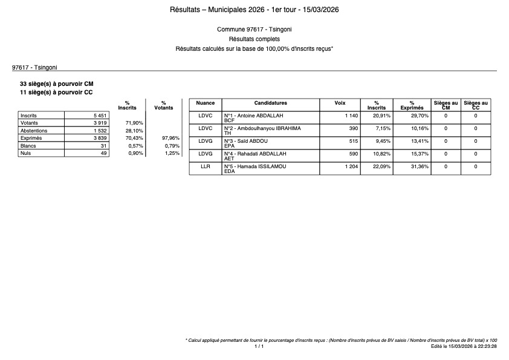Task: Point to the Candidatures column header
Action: (x=270, y=103)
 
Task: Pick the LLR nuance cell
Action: (x=206, y=166)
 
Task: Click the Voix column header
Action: (x=340, y=103)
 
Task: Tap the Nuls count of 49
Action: (x=103, y=154)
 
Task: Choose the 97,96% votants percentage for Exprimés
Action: (x=171, y=139)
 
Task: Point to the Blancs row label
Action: (x=28, y=146)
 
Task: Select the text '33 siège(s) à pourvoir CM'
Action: (x=57, y=83)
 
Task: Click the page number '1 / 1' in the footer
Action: (x=259, y=347)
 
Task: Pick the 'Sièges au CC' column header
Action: (x=476, y=105)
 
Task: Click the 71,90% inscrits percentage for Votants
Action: (x=134, y=123)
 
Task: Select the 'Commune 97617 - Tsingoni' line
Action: (x=254, y=29)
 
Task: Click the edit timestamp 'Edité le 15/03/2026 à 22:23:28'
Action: (x=464, y=347)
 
